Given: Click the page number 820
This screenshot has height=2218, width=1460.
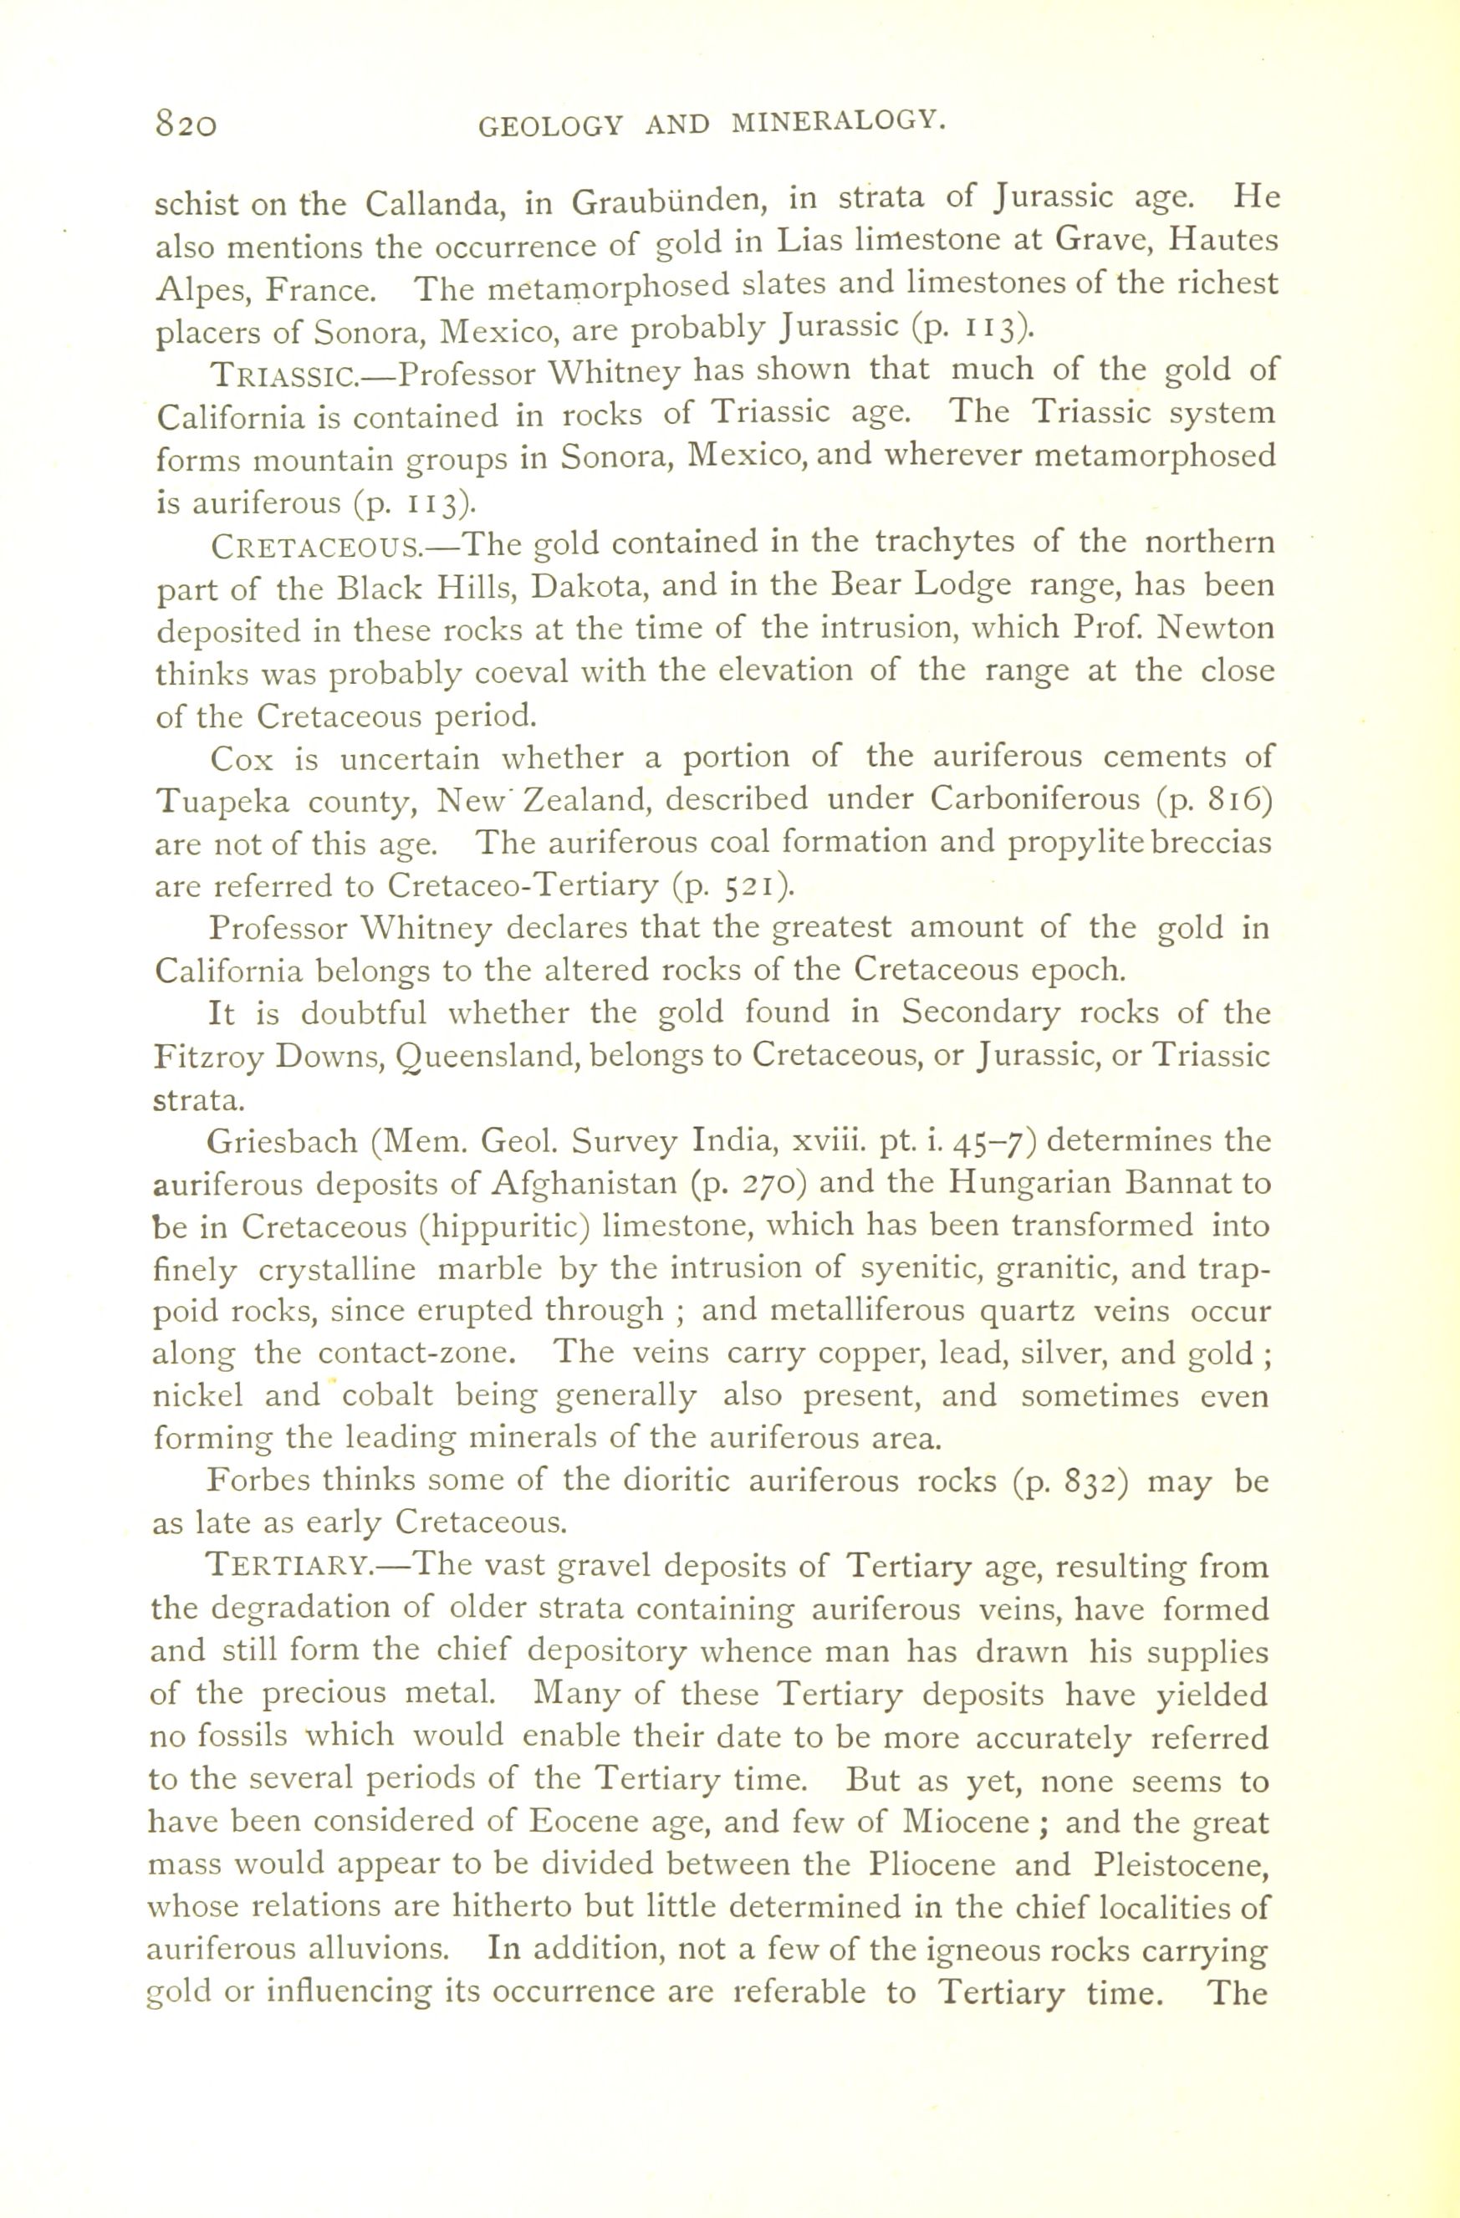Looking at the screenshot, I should [x=186, y=123].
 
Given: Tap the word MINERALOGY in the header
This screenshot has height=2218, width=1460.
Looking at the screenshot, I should [x=839, y=121].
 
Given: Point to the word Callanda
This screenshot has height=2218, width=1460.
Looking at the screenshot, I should [x=435, y=203].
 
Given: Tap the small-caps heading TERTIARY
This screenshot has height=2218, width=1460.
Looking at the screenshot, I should [x=289, y=1565].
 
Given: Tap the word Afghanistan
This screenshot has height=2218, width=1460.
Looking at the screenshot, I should [x=584, y=1185].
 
